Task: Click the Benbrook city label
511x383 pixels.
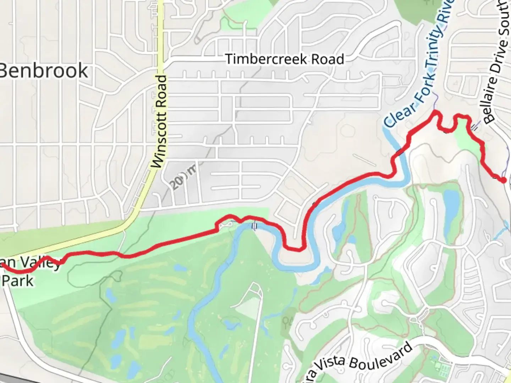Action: [x=43, y=71]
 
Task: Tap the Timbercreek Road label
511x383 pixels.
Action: [x=285, y=59]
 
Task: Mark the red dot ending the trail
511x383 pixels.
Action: [x=503, y=181]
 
